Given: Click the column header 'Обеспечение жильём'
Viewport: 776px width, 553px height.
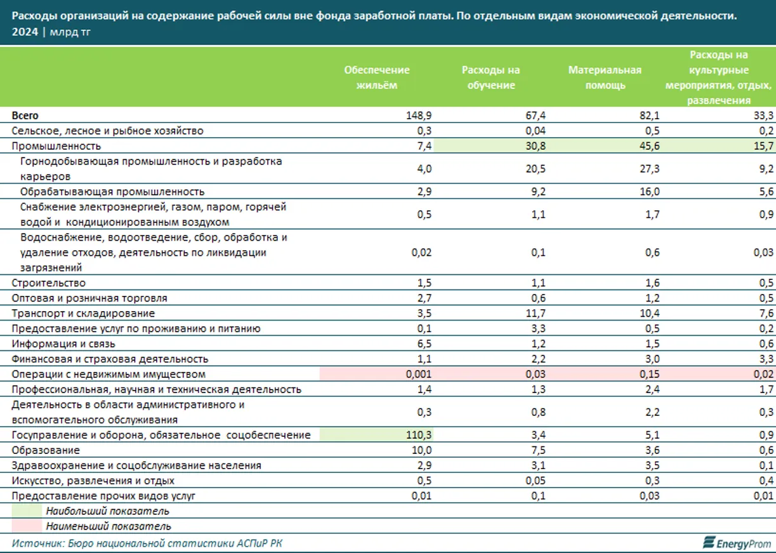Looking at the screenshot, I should tap(377, 77).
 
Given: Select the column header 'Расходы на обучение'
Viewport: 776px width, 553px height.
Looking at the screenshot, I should tap(490, 77).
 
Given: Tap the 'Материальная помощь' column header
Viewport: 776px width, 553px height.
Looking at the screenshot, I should tap(604, 77).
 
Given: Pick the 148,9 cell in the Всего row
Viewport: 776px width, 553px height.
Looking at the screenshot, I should tap(419, 116).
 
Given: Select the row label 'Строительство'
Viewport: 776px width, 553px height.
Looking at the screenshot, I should tap(49, 283).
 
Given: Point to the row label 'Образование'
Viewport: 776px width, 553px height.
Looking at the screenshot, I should tap(46, 450).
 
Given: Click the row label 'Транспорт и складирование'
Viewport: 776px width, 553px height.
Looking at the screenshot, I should tap(83, 313).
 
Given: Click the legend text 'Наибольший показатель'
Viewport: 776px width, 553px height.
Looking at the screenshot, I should tap(107, 511).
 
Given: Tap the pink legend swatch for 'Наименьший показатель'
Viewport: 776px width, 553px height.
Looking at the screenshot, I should tap(27, 526).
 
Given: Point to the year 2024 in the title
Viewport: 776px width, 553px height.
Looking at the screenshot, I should tap(24, 32).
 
